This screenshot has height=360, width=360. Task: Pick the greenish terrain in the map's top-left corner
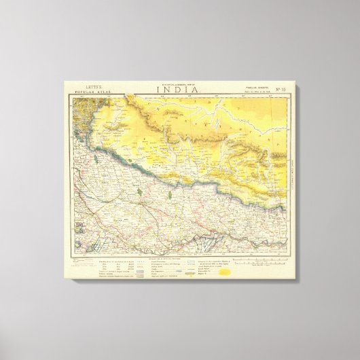tap(82, 112)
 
